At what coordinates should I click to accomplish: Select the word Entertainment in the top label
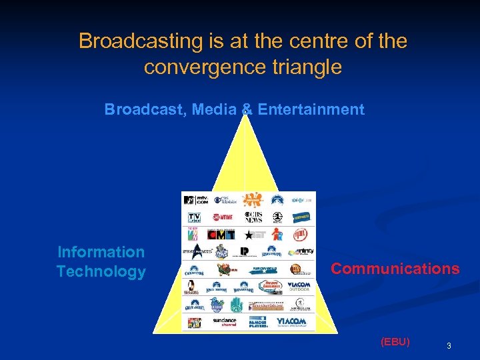311,109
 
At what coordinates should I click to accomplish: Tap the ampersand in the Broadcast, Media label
247,109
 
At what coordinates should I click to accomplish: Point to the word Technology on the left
101,271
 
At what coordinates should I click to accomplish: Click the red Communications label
395,269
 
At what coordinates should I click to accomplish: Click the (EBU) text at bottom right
395,341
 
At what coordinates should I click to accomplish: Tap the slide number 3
449,345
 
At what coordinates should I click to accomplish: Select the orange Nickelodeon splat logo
252,199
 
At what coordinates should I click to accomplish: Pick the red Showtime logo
224,217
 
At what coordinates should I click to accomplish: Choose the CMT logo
222,235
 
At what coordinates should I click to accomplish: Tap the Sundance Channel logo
224,322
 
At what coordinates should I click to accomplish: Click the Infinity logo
303,252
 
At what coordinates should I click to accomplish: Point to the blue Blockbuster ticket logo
301,217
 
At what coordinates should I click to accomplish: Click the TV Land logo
194,217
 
